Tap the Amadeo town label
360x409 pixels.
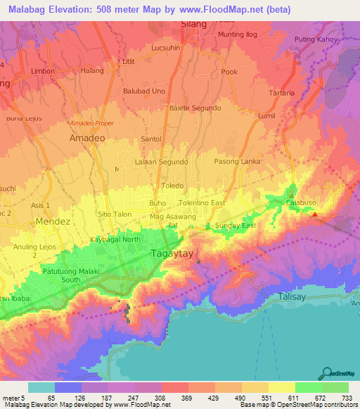pos(87,139)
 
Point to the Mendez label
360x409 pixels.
pos(53,221)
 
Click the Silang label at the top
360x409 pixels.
pos(193,24)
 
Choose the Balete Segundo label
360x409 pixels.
pos(195,108)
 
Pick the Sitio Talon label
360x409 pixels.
pos(115,213)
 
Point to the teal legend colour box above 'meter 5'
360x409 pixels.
pos(41,387)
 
